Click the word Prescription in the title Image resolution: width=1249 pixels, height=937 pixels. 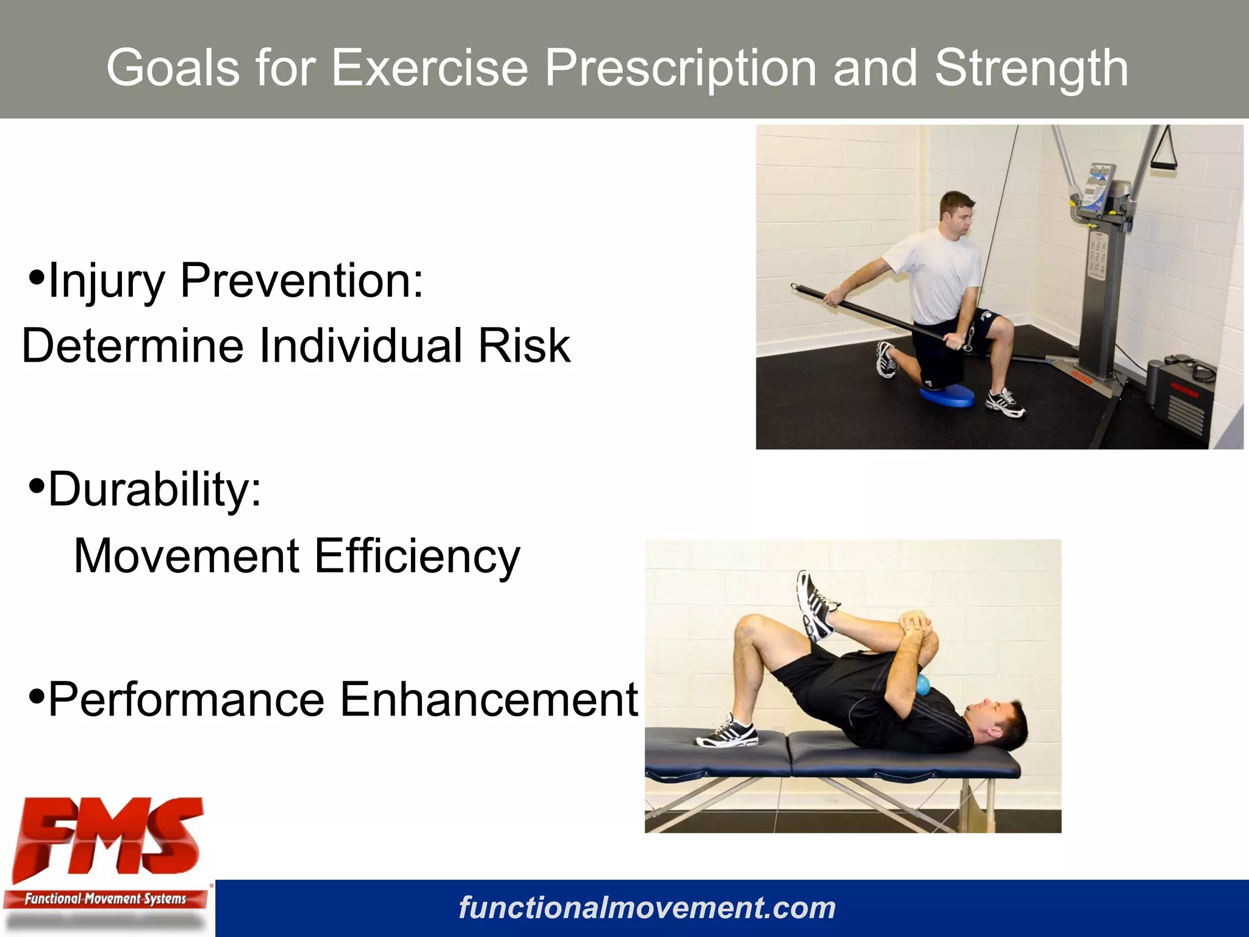[x=680, y=68]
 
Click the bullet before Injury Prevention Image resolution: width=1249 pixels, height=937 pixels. [x=37, y=278]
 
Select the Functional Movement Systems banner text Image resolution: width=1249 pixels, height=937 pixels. [x=105, y=899]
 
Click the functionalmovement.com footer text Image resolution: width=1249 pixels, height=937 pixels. [x=646, y=908]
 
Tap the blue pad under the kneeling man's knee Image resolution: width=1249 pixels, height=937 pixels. [x=947, y=396]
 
